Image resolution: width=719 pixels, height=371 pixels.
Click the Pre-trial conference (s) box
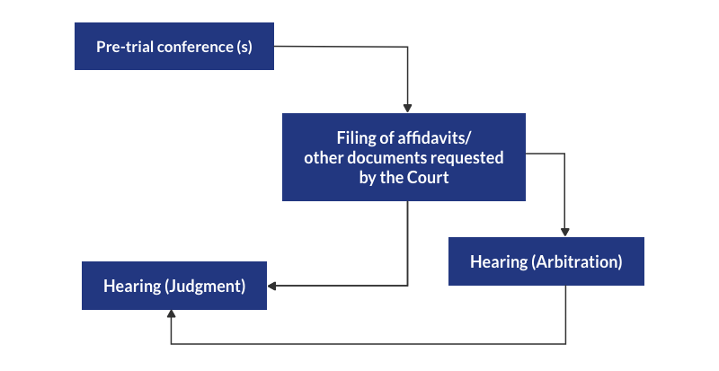173,47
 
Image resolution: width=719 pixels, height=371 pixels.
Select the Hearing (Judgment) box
174,286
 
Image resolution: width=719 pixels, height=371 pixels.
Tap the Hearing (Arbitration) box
546,261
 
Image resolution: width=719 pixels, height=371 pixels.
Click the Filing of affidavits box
404,157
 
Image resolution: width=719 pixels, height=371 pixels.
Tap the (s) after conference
244,47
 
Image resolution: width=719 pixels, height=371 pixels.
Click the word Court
428,177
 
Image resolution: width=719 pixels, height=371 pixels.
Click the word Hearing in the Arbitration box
499,262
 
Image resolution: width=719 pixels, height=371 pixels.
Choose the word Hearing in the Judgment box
131,287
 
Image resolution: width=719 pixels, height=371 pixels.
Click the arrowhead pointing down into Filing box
408,108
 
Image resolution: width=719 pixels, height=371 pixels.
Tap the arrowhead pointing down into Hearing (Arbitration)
565,232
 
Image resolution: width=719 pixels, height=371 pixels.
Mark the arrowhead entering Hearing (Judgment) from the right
272,287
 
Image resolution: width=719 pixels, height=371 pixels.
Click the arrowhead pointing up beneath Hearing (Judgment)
171,315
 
